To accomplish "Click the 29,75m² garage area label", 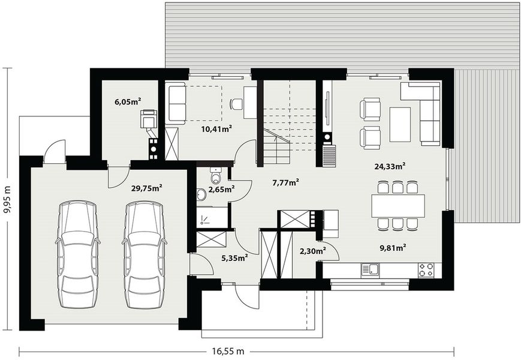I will tap(147, 188).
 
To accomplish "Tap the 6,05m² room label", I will tap(127, 102).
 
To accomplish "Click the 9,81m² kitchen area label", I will tap(393, 246).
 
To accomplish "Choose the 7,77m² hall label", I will tap(285, 182).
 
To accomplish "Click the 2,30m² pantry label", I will tap(312, 251).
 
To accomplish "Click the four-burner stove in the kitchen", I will tap(426, 270).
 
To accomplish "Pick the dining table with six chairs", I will tap(397, 205).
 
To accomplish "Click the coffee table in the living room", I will tap(400, 124).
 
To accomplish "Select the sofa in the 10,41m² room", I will tap(177, 104).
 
